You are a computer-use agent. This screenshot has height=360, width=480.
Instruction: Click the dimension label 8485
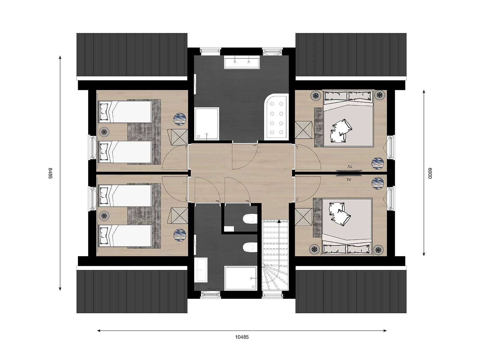tap(50, 173)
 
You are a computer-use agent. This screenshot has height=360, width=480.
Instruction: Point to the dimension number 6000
tap(430, 173)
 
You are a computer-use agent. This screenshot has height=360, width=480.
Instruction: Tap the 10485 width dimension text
tap(242, 337)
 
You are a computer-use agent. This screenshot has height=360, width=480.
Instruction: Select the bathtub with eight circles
tap(277, 117)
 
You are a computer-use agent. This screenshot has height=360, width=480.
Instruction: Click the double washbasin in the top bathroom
tap(242, 62)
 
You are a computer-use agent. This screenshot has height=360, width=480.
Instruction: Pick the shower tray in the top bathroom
tap(207, 124)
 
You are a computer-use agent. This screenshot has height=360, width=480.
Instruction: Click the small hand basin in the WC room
tap(229, 229)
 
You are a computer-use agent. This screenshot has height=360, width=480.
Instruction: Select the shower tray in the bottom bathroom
tap(241, 278)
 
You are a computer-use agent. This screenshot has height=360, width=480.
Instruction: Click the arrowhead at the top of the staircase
tap(279, 221)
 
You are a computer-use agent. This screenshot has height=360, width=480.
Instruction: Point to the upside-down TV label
tap(349, 166)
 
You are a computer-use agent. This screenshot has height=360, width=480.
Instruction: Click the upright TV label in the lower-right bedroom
tap(349, 180)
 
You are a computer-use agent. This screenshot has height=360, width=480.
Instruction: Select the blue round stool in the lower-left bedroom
tap(180, 235)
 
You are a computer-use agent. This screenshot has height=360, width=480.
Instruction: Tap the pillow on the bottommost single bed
tap(104, 236)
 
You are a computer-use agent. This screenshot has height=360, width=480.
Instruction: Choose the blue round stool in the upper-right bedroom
tap(378, 163)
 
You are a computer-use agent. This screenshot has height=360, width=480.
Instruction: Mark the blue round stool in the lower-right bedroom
tap(378, 183)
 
